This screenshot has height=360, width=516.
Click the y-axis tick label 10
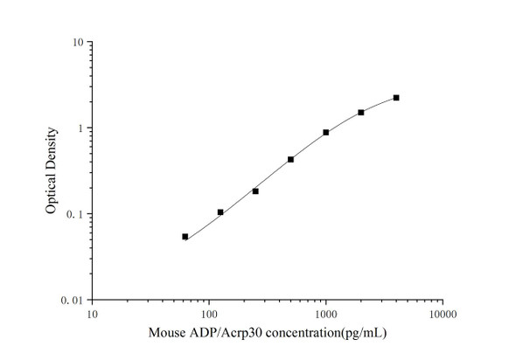tap(78, 43)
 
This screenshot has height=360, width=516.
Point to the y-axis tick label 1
tap(80, 128)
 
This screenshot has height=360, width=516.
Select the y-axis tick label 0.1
tap(76, 214)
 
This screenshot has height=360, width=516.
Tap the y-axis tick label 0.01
tap(73, 300)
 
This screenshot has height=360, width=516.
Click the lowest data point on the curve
tap(185, 237)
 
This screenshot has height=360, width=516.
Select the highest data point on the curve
tap(396, 98)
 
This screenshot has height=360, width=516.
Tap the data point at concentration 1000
tap(326, 133)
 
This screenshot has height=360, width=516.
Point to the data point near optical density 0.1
tap(220, 212)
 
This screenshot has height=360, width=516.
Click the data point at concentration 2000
tap(361, 113)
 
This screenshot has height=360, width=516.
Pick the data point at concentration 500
tap(290, 160)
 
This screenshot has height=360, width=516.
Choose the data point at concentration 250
tap(255, 191)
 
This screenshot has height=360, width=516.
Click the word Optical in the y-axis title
tap(52, 194)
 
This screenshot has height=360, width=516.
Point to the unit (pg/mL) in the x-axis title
tap(365, 333)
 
